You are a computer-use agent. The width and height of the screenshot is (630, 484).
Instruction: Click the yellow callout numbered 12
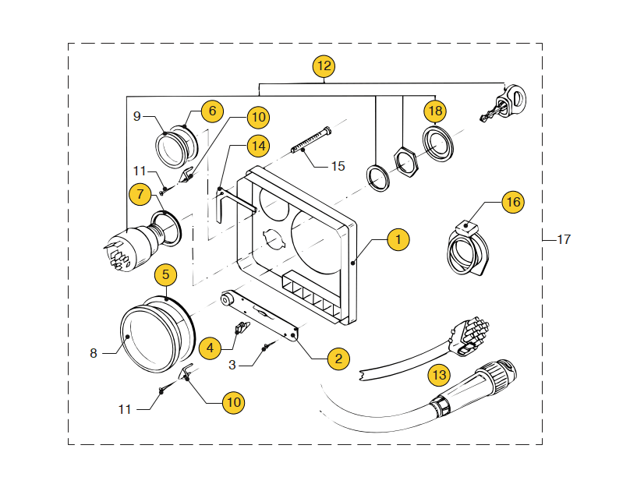point(324,66)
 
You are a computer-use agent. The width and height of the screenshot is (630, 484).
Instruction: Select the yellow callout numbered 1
point(398,239)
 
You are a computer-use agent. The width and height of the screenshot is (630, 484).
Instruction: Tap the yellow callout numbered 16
point(512,202)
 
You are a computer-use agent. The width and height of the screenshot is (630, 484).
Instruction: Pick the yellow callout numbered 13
point(439,375)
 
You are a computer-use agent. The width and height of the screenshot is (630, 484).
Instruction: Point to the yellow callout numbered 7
point(140,194)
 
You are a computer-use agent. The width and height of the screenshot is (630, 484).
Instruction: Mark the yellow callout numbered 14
point(257,145)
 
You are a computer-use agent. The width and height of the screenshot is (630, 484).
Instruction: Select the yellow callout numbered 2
point(338,359)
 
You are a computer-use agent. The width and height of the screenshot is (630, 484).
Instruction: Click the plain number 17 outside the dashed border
point(563,239)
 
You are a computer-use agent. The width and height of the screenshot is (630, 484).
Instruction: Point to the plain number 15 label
point(338,165)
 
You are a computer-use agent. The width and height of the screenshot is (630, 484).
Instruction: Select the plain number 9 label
point(137,116)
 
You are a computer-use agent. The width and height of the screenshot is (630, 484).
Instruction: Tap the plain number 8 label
point(94,353)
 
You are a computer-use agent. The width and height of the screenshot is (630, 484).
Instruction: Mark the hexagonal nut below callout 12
point(405,160)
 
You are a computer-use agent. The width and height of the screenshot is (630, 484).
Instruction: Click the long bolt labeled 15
point(312,140)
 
